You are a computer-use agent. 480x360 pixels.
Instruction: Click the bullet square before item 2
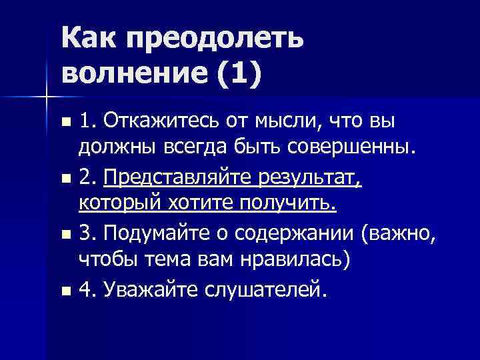64,179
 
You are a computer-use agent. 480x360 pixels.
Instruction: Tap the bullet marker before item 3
64,235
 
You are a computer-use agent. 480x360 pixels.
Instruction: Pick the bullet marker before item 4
64,291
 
